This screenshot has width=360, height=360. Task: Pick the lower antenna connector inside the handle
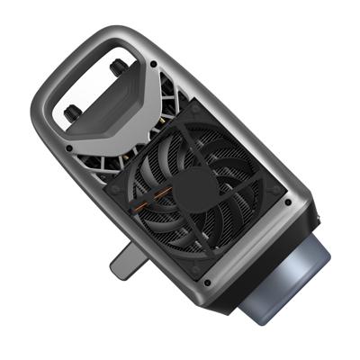pyautogui.click(x=73, y=113)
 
